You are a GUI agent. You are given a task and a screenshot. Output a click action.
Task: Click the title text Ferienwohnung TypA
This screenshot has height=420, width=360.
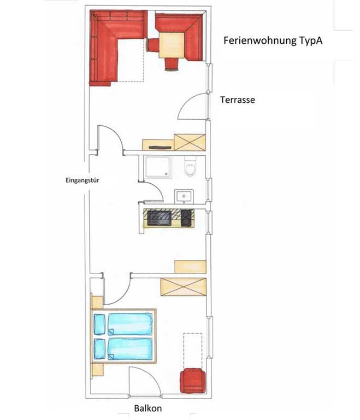coord(273,40)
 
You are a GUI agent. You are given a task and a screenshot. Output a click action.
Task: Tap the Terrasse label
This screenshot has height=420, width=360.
coord(238,100)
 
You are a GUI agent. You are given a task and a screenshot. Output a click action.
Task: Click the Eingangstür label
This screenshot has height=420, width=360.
coord(82,180)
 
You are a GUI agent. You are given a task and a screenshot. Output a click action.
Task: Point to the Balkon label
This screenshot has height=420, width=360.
coord(147,408)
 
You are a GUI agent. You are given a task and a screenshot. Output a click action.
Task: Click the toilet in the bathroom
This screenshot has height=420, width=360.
coord(190,166)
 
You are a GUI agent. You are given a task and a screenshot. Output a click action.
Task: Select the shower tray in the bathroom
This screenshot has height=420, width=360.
coord(157,167)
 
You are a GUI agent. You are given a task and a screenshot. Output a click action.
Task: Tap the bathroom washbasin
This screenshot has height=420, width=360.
coord(184,196)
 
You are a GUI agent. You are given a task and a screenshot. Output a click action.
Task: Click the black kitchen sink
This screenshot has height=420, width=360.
coord(159,218)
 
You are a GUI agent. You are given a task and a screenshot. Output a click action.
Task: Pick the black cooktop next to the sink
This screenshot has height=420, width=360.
coord(187,218)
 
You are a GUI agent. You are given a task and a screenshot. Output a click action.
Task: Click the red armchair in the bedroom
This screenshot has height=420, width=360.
coord(193,381)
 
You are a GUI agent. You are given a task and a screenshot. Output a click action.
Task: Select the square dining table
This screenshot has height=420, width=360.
coord(172,45)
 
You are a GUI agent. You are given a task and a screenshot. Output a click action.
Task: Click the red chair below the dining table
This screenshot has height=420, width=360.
coord(172,65)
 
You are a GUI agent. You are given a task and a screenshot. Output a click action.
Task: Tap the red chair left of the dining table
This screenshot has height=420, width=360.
coord(152,45)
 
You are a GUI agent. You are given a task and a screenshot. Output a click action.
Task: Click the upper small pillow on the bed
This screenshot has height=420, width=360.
coord(99,324)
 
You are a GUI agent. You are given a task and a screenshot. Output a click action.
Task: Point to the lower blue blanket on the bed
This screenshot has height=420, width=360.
coord(130,349)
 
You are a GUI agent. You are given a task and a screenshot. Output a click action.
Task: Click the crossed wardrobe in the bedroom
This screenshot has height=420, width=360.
coord(184,287)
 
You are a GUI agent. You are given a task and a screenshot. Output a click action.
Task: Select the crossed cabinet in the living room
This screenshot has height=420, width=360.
coord(190,142)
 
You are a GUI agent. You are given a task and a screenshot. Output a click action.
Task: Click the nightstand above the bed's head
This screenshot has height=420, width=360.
coord(97,302)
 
